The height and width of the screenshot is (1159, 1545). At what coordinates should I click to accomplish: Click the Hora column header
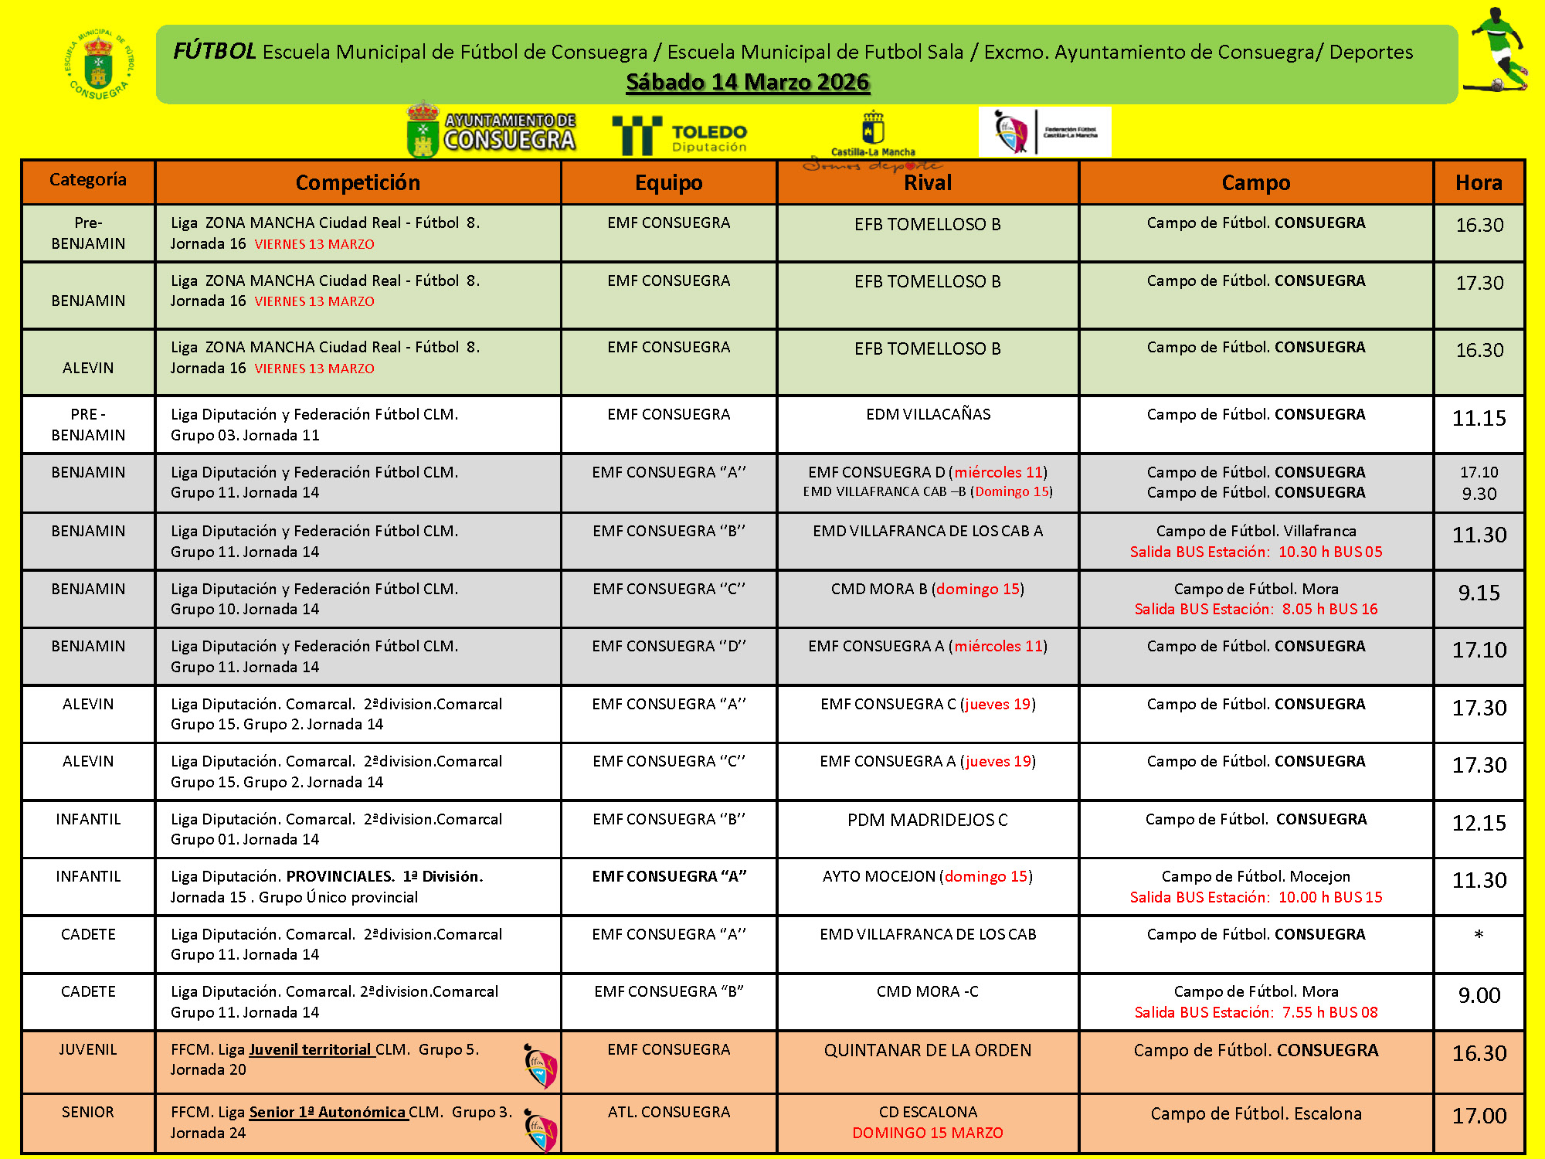1479,182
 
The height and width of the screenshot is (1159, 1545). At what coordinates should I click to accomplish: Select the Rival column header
927,183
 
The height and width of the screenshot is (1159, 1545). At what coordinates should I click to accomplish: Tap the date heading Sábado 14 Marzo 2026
748,82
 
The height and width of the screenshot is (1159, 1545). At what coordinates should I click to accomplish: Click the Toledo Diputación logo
680,136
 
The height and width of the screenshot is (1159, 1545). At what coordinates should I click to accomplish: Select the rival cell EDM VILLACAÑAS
928,414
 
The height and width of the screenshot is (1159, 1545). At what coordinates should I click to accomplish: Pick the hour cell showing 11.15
1479,419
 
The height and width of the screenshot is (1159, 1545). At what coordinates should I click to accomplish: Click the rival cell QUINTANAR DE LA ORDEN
927,1051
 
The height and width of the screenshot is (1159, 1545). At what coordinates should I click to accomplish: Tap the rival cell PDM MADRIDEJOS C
927,820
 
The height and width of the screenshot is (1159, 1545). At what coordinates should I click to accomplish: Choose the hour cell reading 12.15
1479,823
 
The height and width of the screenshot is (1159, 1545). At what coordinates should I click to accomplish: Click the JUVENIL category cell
88,1049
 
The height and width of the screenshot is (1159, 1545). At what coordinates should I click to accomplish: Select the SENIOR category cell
88,1112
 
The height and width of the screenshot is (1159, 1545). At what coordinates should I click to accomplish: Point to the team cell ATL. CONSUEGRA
669,1112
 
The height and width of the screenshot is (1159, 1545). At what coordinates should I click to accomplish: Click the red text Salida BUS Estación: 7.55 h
1255,1012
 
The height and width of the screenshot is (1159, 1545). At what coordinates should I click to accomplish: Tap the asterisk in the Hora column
1479,935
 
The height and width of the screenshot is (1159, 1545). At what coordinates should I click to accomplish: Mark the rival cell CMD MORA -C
927,991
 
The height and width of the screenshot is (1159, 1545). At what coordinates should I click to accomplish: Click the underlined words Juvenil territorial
311,1049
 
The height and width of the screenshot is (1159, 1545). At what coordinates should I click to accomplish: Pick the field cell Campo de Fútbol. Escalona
1255,1113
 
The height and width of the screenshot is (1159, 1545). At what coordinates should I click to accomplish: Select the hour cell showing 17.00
1479,1116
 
